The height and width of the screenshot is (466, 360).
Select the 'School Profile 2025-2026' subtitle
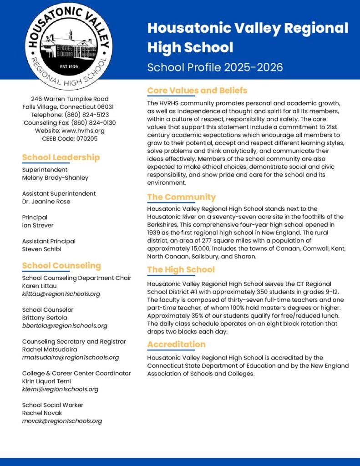[215, 67]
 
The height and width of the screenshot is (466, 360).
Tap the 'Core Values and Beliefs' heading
[197, 91]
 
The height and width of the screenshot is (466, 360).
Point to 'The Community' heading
[181, 197]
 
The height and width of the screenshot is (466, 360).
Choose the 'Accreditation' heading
[176, 344]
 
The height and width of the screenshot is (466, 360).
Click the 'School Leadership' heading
[61, 157]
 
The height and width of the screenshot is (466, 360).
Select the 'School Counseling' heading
[61, 265]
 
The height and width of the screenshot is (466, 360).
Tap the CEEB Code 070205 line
[69, 139]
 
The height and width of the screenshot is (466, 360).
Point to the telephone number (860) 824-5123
[86, 115]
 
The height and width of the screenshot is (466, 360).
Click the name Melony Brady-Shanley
[55, 177]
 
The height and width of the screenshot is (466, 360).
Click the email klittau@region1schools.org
[61, 294]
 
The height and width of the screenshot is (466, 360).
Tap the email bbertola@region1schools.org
[65, 326]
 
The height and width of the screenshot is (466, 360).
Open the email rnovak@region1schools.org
[62, 421]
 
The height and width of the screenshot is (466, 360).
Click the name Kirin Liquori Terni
[46, 381]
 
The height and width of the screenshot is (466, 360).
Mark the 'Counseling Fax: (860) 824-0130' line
[70, 123]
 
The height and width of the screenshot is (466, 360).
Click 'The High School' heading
[181, 269]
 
